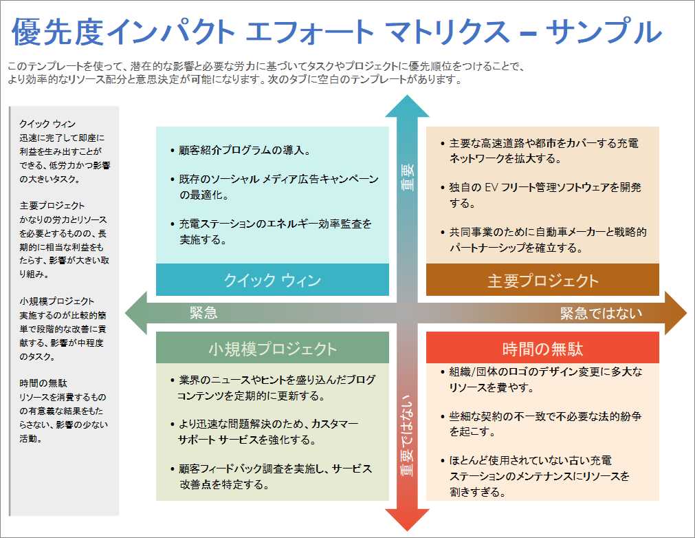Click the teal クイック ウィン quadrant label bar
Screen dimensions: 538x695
tap(272, 280)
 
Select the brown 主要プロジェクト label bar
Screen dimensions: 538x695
tap(542, 280)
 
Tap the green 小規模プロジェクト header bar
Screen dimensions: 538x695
tap(272, 348)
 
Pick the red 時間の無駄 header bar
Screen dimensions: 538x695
tap(542, 348)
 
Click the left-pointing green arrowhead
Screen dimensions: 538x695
tap(135, 313)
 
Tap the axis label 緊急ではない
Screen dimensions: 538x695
tap(601, 314)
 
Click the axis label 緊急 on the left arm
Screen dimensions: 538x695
tap(203, 314)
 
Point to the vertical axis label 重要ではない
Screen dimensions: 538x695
tap(408, 435)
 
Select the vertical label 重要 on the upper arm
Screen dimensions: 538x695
tap(408, 177)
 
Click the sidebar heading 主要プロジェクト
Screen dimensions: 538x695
tap(52, 206)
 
